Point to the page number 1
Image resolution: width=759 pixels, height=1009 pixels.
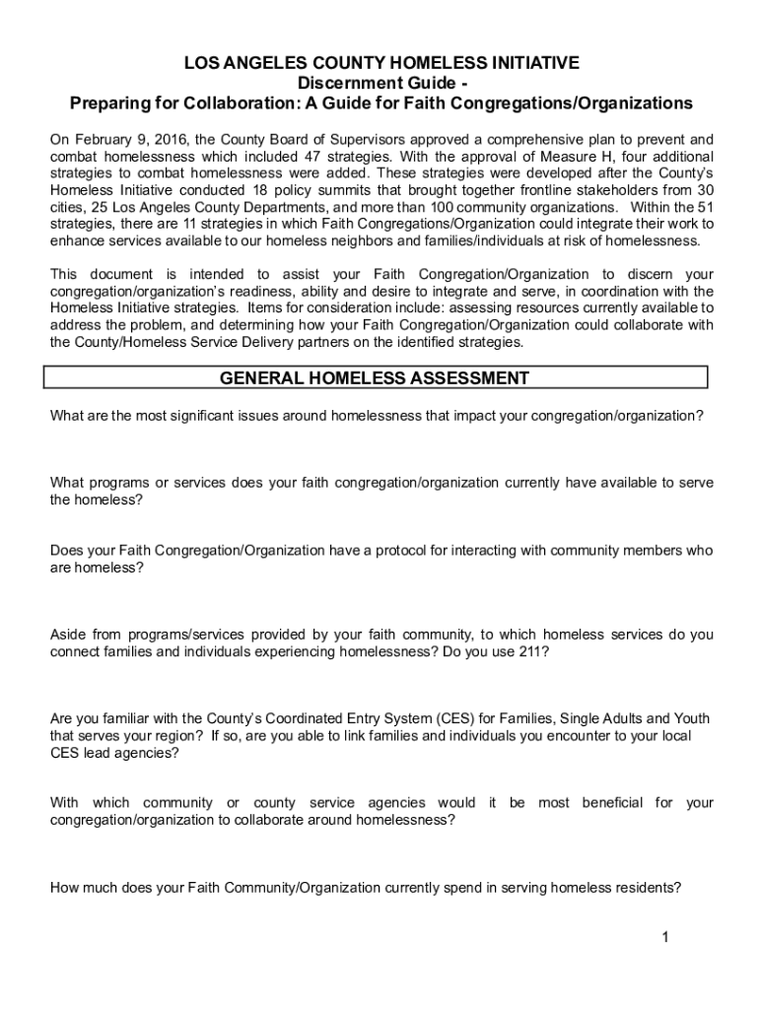click(x=666, y=937)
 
